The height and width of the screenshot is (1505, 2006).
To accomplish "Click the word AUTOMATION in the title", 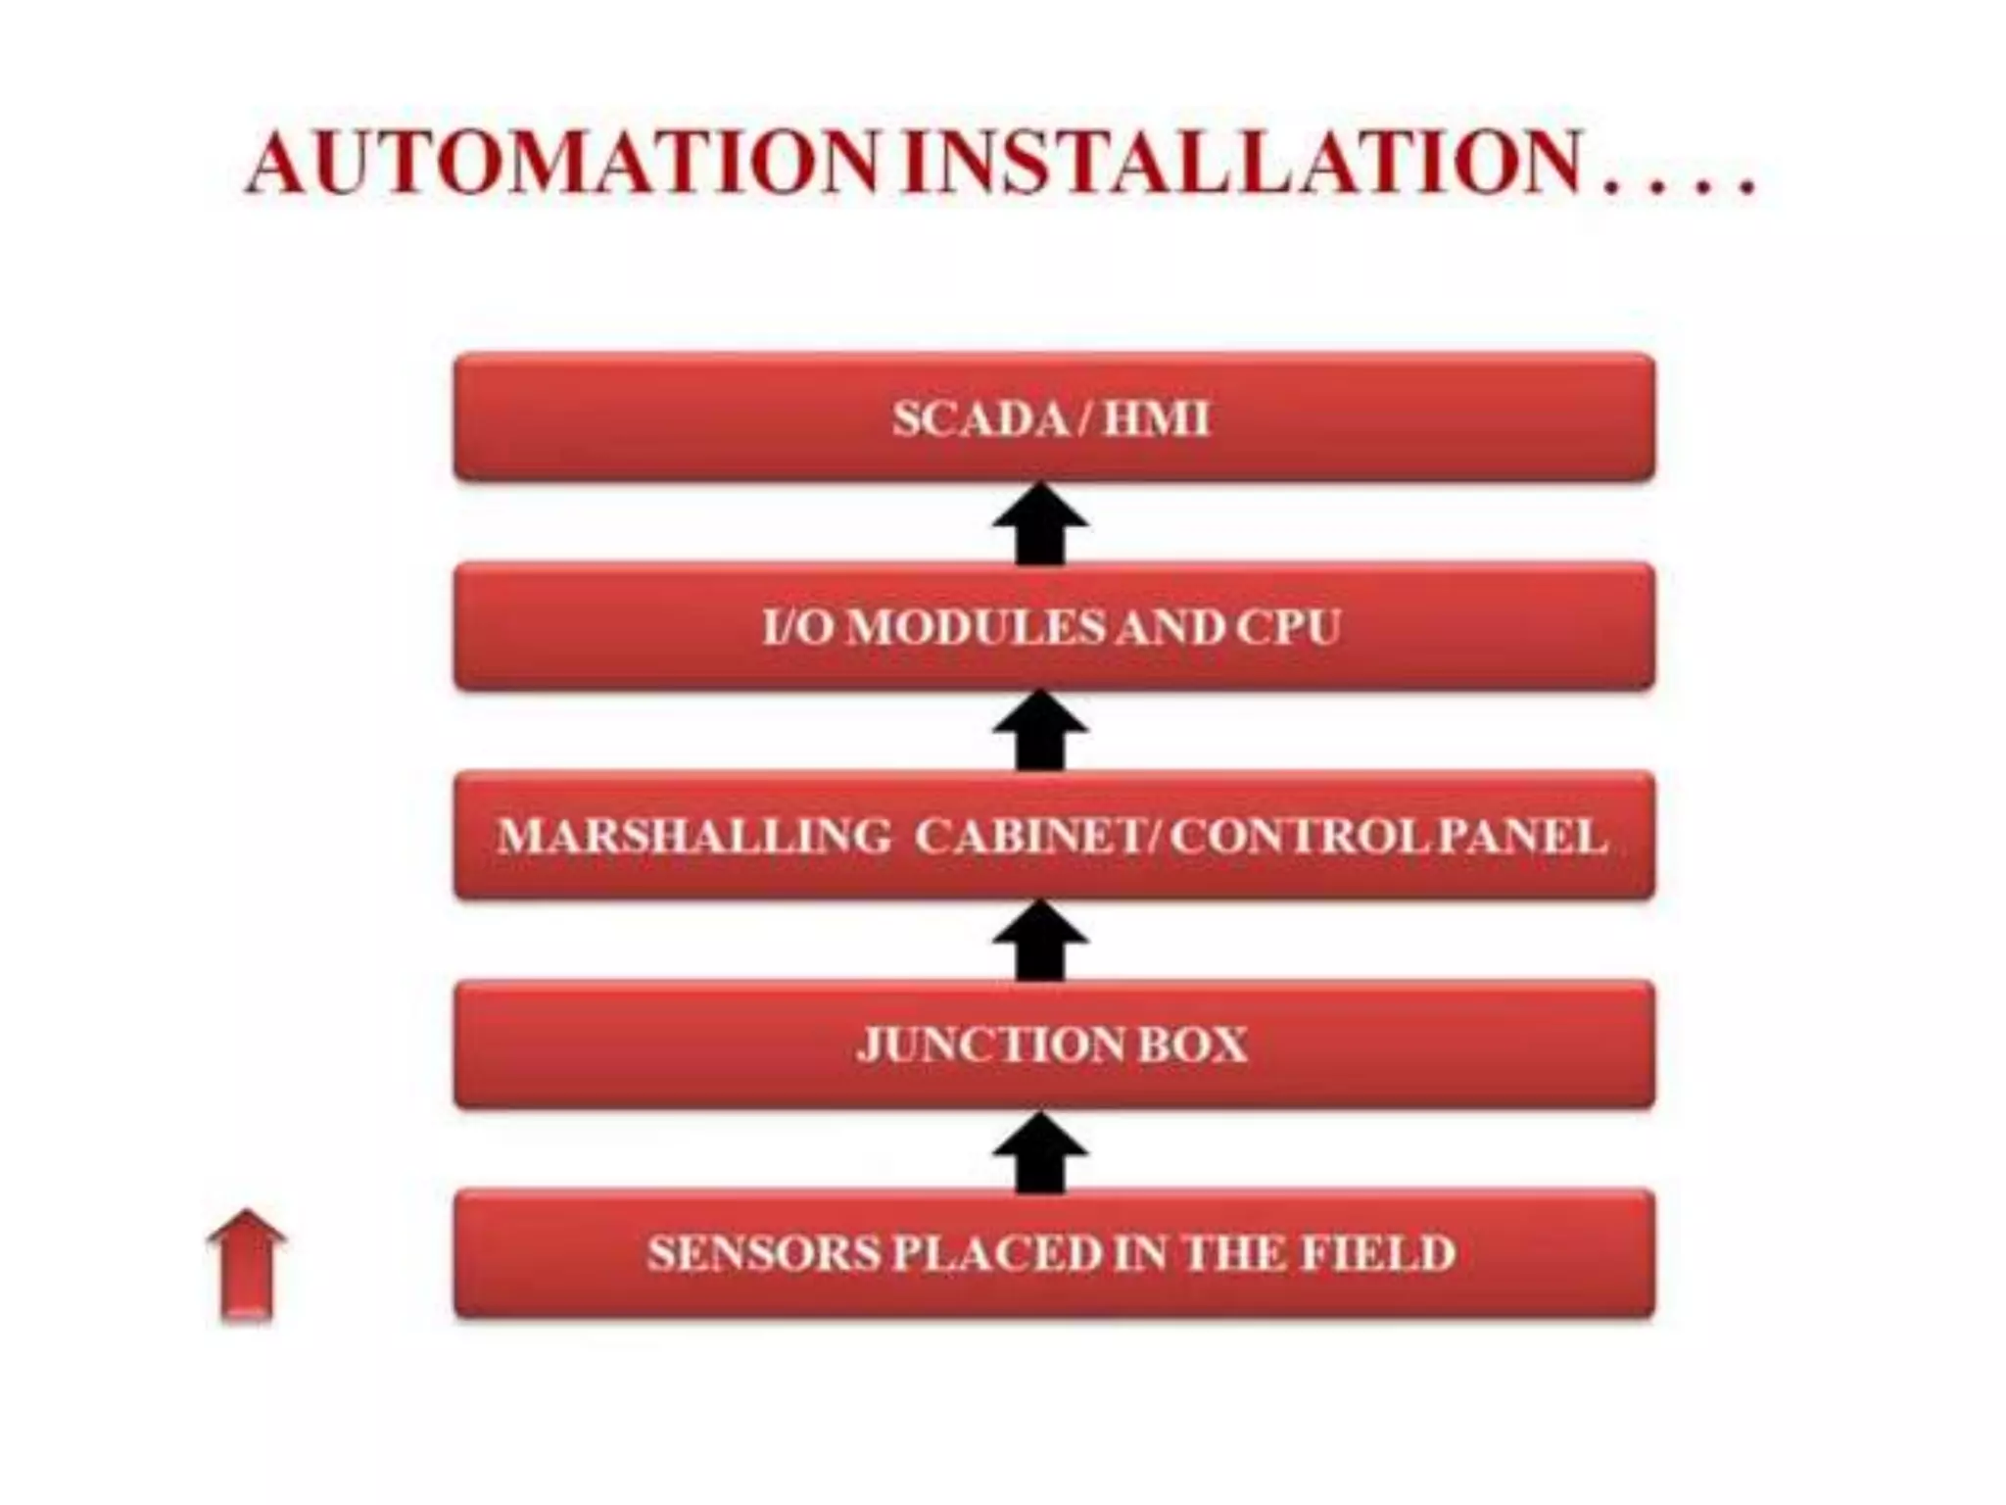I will [x=563, y=163].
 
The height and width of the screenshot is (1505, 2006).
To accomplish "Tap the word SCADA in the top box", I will [x=980, y=419].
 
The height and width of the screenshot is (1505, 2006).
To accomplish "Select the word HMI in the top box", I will [x=1157, y=419].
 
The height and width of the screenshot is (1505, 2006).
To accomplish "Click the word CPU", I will [x=1288, y=628].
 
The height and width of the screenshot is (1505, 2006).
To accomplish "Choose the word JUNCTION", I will [x=990, y=1045].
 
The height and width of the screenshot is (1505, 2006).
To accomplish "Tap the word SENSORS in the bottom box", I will [x=764, y=1254].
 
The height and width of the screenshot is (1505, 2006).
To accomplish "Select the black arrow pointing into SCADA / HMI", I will [x=1040, y=523].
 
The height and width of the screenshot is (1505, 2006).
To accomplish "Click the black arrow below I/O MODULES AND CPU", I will [x=1040, y=732].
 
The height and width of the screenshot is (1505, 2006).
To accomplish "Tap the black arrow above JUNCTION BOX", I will [x=1040, y=941].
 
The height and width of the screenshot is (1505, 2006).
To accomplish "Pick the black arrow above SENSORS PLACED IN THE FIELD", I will [x=1040, y=1151].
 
